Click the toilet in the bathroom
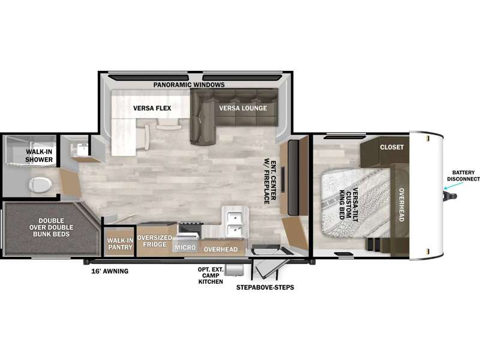40,185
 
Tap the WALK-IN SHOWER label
39,155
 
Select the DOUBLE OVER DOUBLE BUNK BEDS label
52,227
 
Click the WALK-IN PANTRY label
121,244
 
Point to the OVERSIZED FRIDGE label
155,241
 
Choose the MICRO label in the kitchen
185,247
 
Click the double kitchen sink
235,223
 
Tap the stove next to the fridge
190,229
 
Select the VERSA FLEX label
152,108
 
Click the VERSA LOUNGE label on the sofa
243,108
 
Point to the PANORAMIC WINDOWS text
189,85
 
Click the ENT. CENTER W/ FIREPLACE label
271,181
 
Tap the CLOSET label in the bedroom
392,147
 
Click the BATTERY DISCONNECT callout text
463,176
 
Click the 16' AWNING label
110,271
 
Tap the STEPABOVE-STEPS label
265,287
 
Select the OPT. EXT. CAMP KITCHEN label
211,275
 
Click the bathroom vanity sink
79,149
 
